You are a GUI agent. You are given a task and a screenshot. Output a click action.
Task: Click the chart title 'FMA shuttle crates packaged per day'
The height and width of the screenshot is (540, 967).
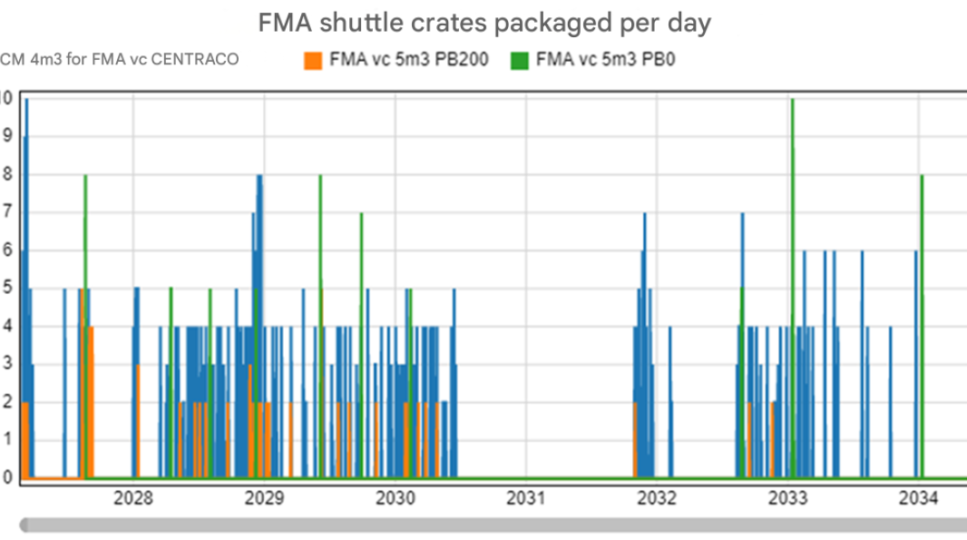point(483,24)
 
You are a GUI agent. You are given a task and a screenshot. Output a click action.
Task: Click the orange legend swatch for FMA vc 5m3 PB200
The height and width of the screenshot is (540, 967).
point(313,61)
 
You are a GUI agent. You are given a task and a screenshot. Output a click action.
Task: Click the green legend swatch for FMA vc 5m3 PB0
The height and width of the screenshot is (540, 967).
point(519,61)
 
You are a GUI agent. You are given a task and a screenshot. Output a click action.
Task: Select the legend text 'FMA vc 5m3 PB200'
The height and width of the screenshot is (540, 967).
point(408,61)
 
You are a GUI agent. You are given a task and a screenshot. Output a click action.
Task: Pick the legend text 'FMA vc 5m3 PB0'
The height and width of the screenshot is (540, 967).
point(607,61)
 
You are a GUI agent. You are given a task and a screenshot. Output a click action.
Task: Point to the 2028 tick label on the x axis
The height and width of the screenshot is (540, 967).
point(133,497)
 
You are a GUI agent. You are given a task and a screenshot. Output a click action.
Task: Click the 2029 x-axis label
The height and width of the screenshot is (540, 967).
point(264,497)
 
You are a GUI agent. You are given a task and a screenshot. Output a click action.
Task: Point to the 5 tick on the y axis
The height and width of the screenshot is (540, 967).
point(7,290)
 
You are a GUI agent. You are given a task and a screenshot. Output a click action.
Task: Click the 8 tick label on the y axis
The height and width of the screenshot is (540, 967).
point(7,176)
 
